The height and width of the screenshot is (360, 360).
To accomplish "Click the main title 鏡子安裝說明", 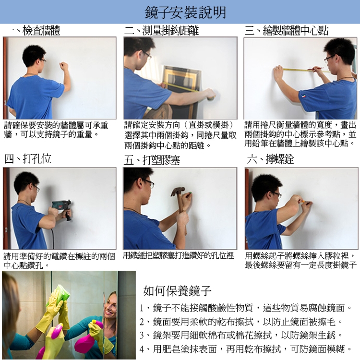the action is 185,12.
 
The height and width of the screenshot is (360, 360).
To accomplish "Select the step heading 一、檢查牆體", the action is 32,31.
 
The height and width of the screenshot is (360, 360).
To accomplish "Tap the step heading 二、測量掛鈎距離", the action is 161,31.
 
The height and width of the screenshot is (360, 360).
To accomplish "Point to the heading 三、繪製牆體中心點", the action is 286,31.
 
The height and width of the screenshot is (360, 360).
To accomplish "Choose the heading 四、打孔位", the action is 27,159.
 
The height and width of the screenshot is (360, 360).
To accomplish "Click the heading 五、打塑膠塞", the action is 152,160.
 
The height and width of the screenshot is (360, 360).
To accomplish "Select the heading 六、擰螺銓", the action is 270,159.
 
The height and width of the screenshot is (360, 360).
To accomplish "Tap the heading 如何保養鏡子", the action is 177,291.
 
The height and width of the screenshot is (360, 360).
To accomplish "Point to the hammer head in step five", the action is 178,191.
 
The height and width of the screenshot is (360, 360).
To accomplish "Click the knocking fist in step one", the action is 63,66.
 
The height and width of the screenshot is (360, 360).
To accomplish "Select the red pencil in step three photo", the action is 315,68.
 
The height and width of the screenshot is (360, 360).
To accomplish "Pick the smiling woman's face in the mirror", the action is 110,305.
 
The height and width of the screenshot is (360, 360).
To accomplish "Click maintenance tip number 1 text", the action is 246,308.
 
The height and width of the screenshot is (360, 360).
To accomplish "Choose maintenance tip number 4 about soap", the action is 246,349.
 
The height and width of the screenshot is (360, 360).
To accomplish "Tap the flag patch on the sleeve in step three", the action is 304,96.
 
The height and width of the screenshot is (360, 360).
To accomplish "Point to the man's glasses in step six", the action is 277,195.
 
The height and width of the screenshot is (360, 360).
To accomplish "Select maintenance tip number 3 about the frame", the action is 241,336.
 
